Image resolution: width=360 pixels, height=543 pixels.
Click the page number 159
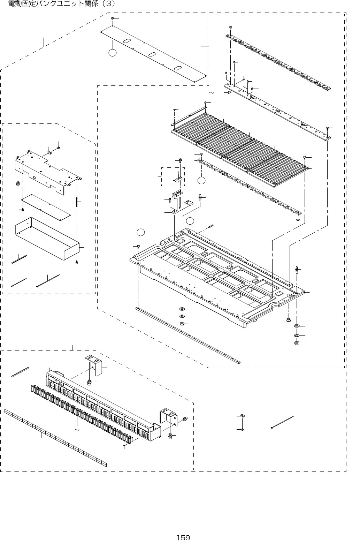pyautogui.click(x=183, y=537)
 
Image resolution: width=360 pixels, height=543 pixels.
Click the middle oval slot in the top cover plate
pyautogui.click(x=153, y=55)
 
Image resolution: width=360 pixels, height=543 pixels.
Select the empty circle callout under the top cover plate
pyautogui.click(x=112, y=53)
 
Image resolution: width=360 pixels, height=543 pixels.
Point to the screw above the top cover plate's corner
pyautogui.click(x=112, y=18)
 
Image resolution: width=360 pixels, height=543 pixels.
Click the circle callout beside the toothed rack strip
pyautogui.click(x=202, y=180)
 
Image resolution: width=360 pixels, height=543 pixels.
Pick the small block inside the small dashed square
pyautogui.click(x=178, y=180)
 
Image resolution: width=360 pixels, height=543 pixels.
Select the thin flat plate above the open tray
pyautogui.click(x=49, y=207)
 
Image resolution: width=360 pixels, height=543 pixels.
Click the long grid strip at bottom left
pyautogui.click(x=56, y=438)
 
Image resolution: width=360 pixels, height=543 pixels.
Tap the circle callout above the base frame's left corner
pyautogui.click(x=140, y=232)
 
